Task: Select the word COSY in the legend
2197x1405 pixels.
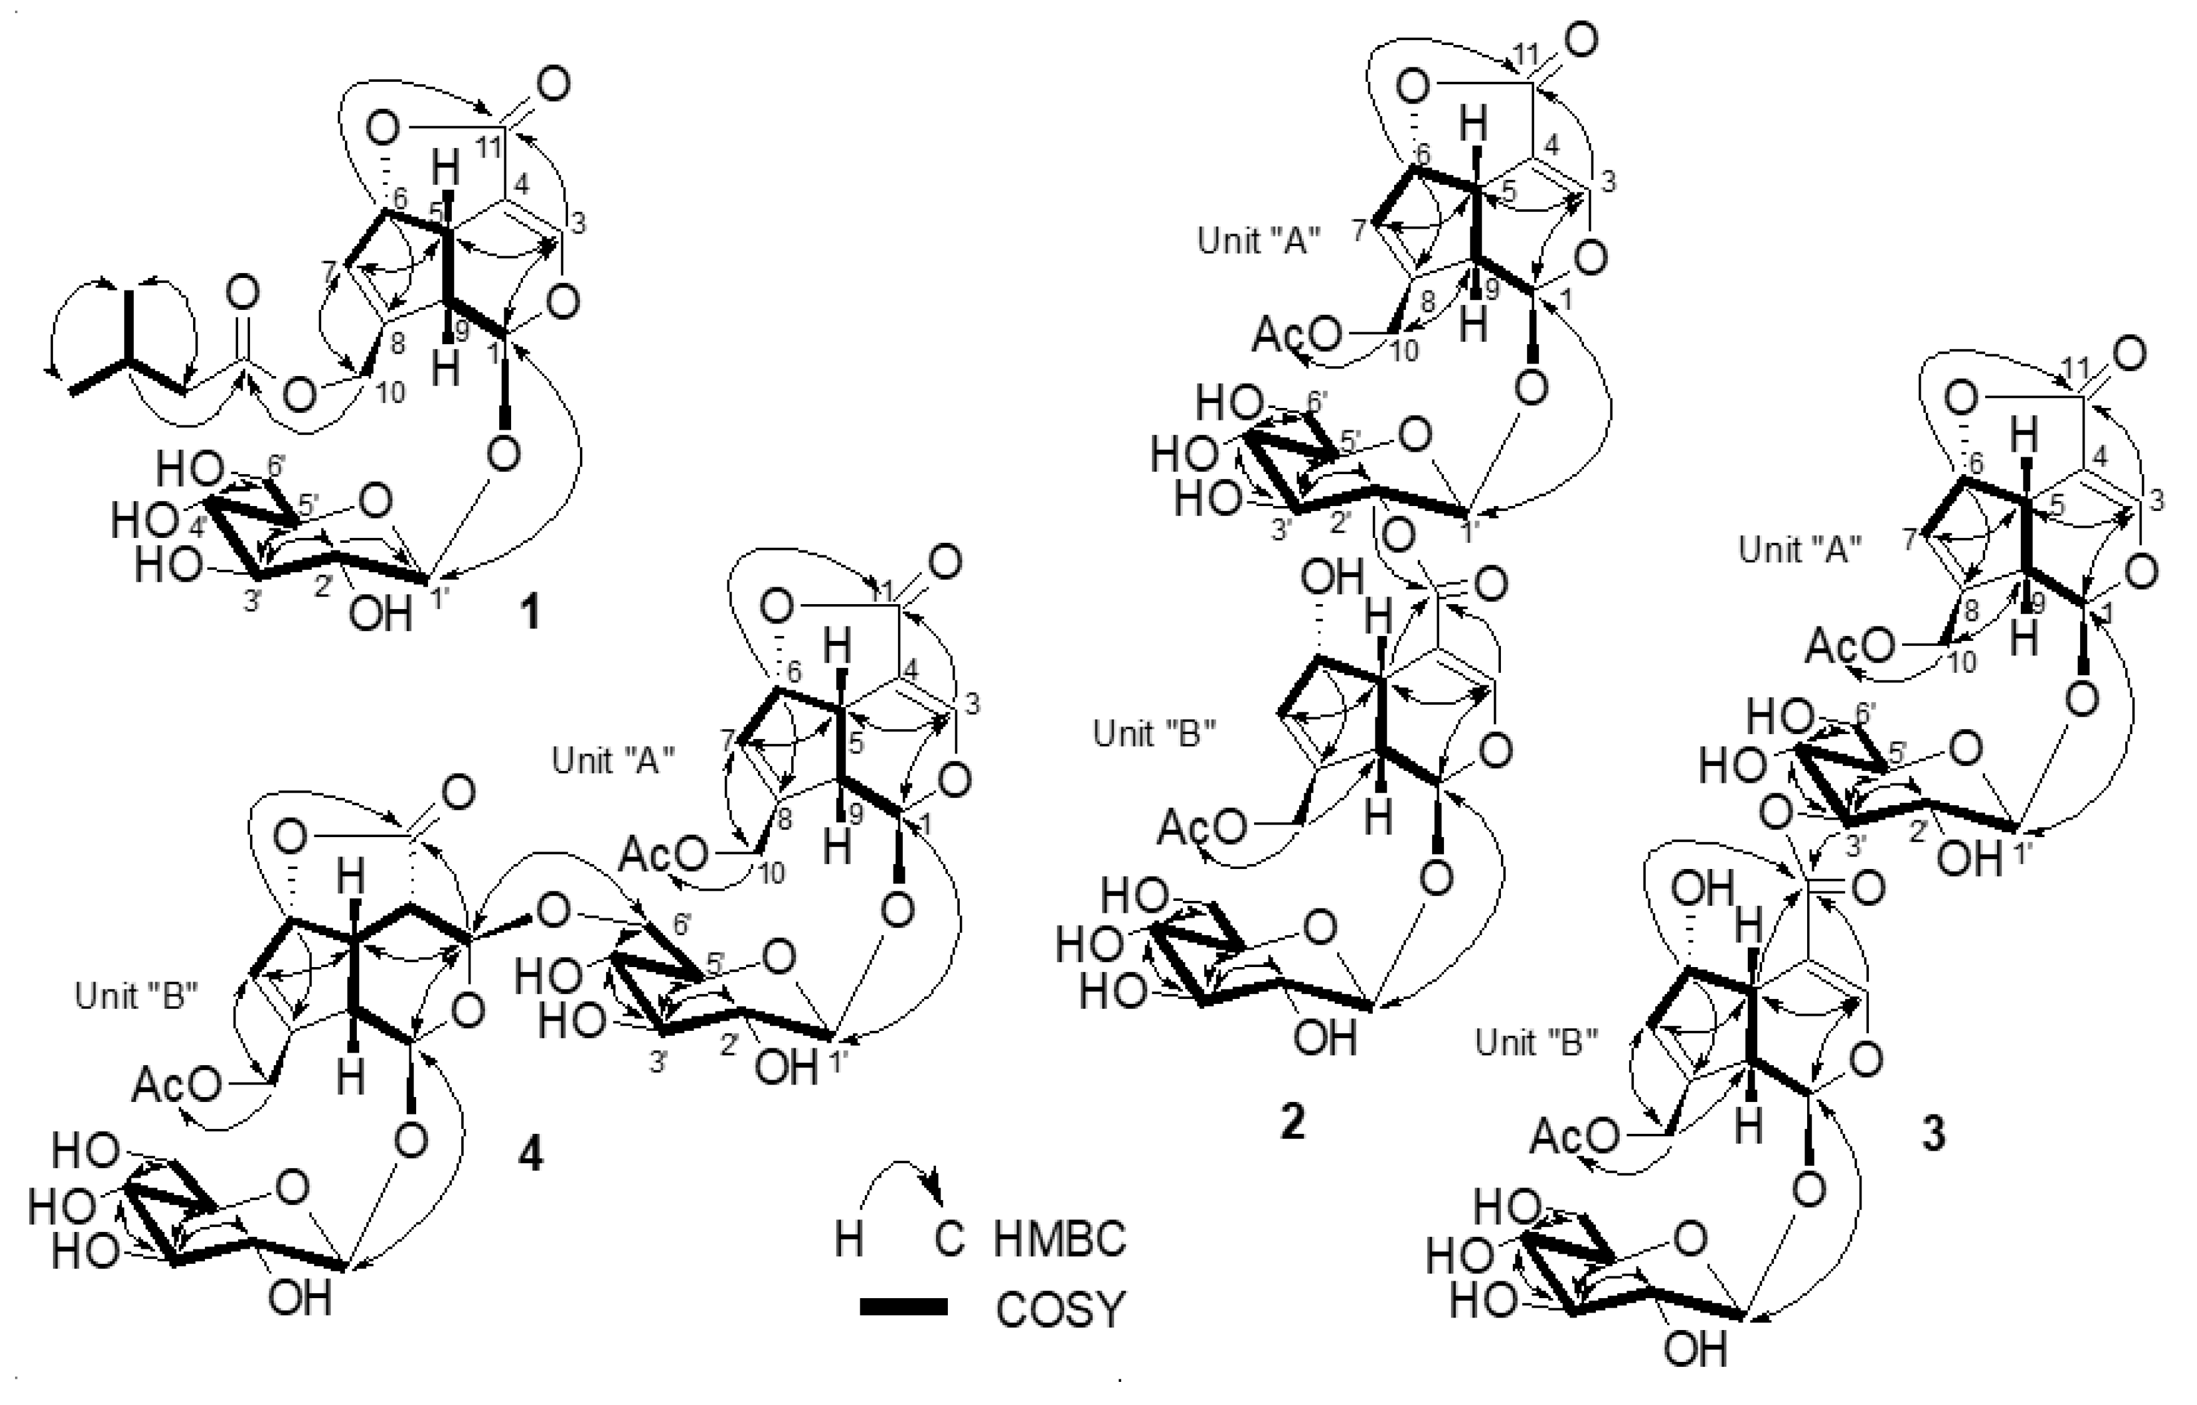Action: tap(1060, 1310)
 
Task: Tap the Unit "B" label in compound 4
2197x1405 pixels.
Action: tap(137, 997)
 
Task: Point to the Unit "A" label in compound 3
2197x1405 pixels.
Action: tap(1800, 549)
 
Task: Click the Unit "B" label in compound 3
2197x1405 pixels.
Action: tap(1537, 1043)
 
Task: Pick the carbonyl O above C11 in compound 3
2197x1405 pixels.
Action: tap(2128, 353)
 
